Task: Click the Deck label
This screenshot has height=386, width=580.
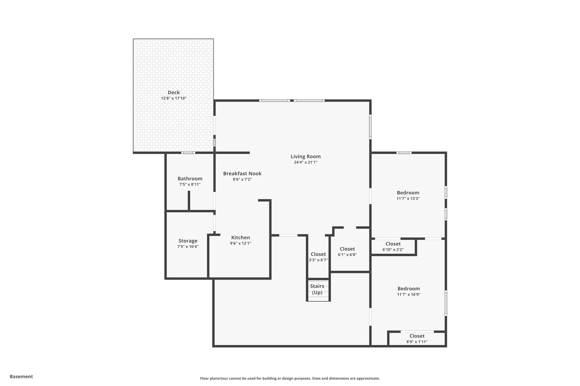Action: (x=174, y=92)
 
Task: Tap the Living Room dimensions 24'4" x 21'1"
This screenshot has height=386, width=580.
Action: (x=306, y=162)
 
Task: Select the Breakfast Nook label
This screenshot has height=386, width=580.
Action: (x=242, y=174)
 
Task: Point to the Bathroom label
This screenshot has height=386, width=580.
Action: (x=190, y=179)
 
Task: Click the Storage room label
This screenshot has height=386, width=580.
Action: (x=188, y=241)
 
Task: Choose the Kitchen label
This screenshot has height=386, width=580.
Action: (x=240, y=238)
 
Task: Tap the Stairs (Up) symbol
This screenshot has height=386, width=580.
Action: (x=317, y=289)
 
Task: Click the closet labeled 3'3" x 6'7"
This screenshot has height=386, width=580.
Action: (x=318, y=257)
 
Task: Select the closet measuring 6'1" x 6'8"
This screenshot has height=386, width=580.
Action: (x=347, y=251)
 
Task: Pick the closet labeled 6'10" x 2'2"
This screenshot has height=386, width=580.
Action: (x=393, y=246)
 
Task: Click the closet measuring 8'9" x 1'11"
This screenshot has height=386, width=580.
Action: (x=417, y=338)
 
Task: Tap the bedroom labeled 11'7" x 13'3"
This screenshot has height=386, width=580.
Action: (x=408, y=195)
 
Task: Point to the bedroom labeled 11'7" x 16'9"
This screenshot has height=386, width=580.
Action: (x=408, y=291)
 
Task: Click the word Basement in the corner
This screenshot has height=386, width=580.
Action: (x=21, y=376)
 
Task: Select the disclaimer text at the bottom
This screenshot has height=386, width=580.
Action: (x=290, y=378)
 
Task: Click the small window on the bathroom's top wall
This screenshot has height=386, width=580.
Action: (x=188, y=153)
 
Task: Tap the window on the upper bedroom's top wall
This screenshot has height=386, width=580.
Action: (x=404, y=153)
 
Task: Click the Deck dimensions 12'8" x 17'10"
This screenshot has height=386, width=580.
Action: (x=174, y=98)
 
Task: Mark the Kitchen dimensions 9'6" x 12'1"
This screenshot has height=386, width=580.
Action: (x=240, y=243)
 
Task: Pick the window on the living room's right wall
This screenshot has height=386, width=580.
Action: (x=370, y=126)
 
